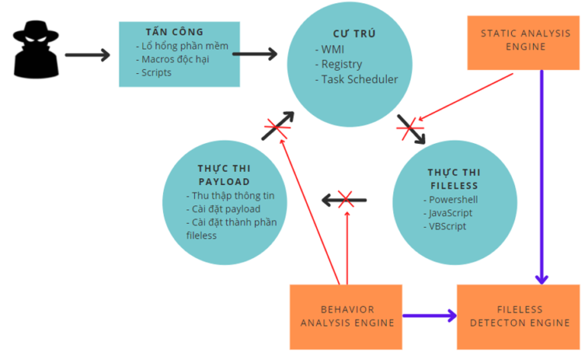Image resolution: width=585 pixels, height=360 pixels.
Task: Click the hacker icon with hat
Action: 35,50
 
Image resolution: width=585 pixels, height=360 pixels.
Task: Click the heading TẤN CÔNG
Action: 174,32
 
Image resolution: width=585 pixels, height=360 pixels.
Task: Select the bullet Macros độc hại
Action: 174,59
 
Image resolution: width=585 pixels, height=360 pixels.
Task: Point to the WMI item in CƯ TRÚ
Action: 332,50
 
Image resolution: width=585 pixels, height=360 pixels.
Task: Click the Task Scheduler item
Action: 359,79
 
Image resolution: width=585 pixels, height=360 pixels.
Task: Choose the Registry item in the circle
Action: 340,65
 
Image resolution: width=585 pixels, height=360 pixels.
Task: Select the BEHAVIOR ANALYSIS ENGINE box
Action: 347,316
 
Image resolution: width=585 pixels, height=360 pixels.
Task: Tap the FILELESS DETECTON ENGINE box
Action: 519,316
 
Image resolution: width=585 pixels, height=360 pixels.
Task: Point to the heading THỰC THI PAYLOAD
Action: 225,175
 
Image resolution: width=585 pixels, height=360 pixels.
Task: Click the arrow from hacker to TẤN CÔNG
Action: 87,55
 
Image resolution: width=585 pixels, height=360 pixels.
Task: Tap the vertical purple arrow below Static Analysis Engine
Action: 542,175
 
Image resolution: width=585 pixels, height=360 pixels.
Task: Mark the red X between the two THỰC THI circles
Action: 345,200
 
